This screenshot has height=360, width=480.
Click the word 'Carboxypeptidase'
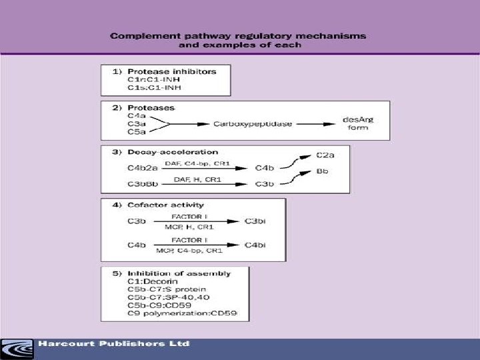coord(253,123)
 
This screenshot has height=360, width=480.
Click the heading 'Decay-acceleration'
coord(165,153)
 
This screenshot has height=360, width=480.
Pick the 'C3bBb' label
coord(127,184)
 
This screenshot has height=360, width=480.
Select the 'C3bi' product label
coord(256,220)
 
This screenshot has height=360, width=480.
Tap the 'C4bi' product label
coord(256,245)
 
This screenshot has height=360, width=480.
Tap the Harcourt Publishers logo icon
coord(17,347)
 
